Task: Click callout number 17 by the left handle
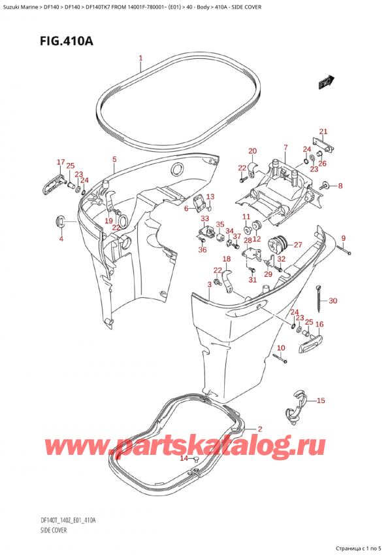[x=60, y=162]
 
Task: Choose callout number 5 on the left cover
[x=114, y=159]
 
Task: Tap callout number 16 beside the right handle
[x=319, y=324]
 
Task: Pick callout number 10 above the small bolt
[x=281, y=347]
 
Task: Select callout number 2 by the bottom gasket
[x=259, y=429]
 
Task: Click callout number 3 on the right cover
[x=209, y=283]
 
